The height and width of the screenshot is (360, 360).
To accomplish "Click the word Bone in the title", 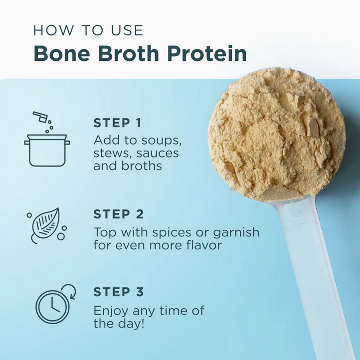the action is [62, 53].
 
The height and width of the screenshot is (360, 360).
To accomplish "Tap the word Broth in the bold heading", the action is [128, 53].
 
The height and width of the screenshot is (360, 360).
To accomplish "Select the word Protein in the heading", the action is [207, 53].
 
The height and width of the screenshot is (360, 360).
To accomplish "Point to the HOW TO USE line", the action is [88, 30].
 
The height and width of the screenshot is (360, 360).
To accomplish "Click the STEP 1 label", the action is [117, 123].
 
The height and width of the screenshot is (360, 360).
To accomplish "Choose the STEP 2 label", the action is [119, 214].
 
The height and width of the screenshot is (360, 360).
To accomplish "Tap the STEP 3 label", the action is [119, 292].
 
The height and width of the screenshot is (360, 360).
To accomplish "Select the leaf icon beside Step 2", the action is [46, 225].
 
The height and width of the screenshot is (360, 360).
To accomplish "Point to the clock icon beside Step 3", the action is [55, 304].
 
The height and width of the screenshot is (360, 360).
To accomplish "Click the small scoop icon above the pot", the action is [40, 117].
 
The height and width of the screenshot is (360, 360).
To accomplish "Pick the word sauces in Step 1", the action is [158, 153].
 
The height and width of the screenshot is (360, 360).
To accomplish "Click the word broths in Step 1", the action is [142, 166].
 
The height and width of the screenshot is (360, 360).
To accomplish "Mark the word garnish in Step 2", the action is [236, 232].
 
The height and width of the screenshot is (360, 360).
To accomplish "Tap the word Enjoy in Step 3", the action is [111, 311].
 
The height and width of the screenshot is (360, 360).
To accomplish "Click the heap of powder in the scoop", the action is [277, 134].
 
